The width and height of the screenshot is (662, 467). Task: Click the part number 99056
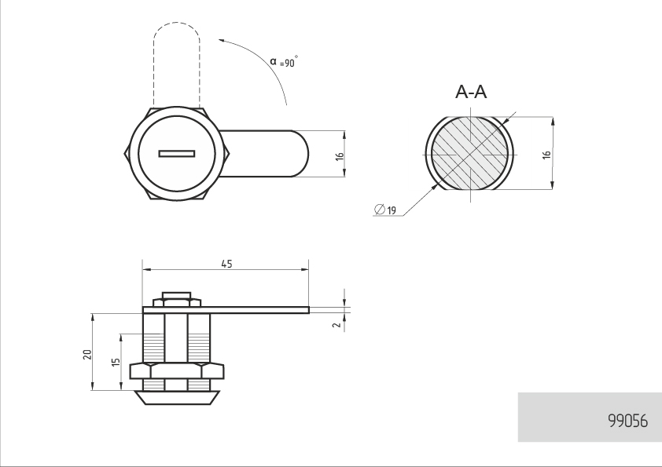click(x=628, y=421)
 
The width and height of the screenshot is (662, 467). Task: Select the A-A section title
click(x=471, y=92)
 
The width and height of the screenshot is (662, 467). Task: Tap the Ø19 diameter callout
click(x=385, y=210)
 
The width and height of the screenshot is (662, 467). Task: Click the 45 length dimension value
click(x=226, y=264)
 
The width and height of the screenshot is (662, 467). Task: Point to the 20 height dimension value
click(x=87, y=354)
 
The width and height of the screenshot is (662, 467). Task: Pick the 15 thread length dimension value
click(x=116, y=362)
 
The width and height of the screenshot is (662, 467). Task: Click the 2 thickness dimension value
click(x=337, y=325)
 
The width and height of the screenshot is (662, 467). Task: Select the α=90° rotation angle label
click(x=284, y=61)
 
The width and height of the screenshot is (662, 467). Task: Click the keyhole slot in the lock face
click(x=177, y=153)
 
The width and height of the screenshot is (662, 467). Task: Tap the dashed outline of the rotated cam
click(x=176, y=23)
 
